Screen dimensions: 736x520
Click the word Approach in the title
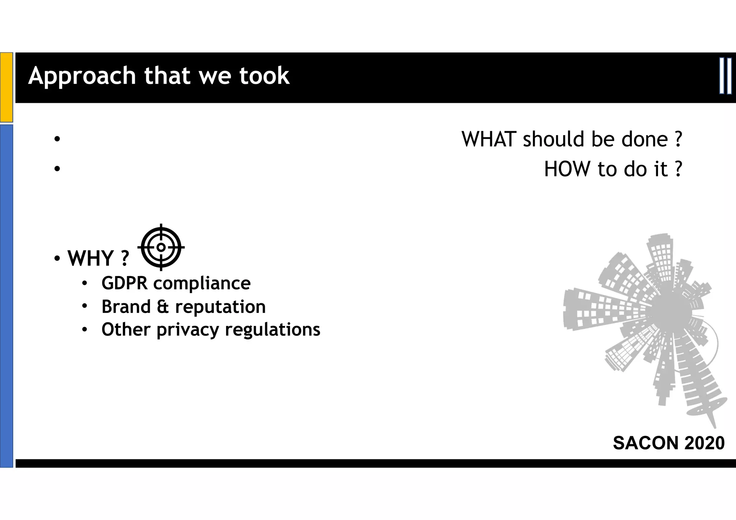[82, 76]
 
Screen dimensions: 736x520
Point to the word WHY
[91, 258]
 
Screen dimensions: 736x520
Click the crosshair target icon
[161, 247]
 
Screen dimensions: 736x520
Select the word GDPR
[124, 283]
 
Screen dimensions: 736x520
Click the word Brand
[126, 307]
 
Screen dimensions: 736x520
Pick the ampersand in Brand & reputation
[163, 307]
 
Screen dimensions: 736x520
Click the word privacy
[188, 330]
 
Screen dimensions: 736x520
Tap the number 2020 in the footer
[704, 443]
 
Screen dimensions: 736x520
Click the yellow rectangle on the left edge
[6, 87]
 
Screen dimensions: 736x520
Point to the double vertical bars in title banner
[725, 76]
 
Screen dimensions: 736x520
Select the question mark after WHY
[125, 258]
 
